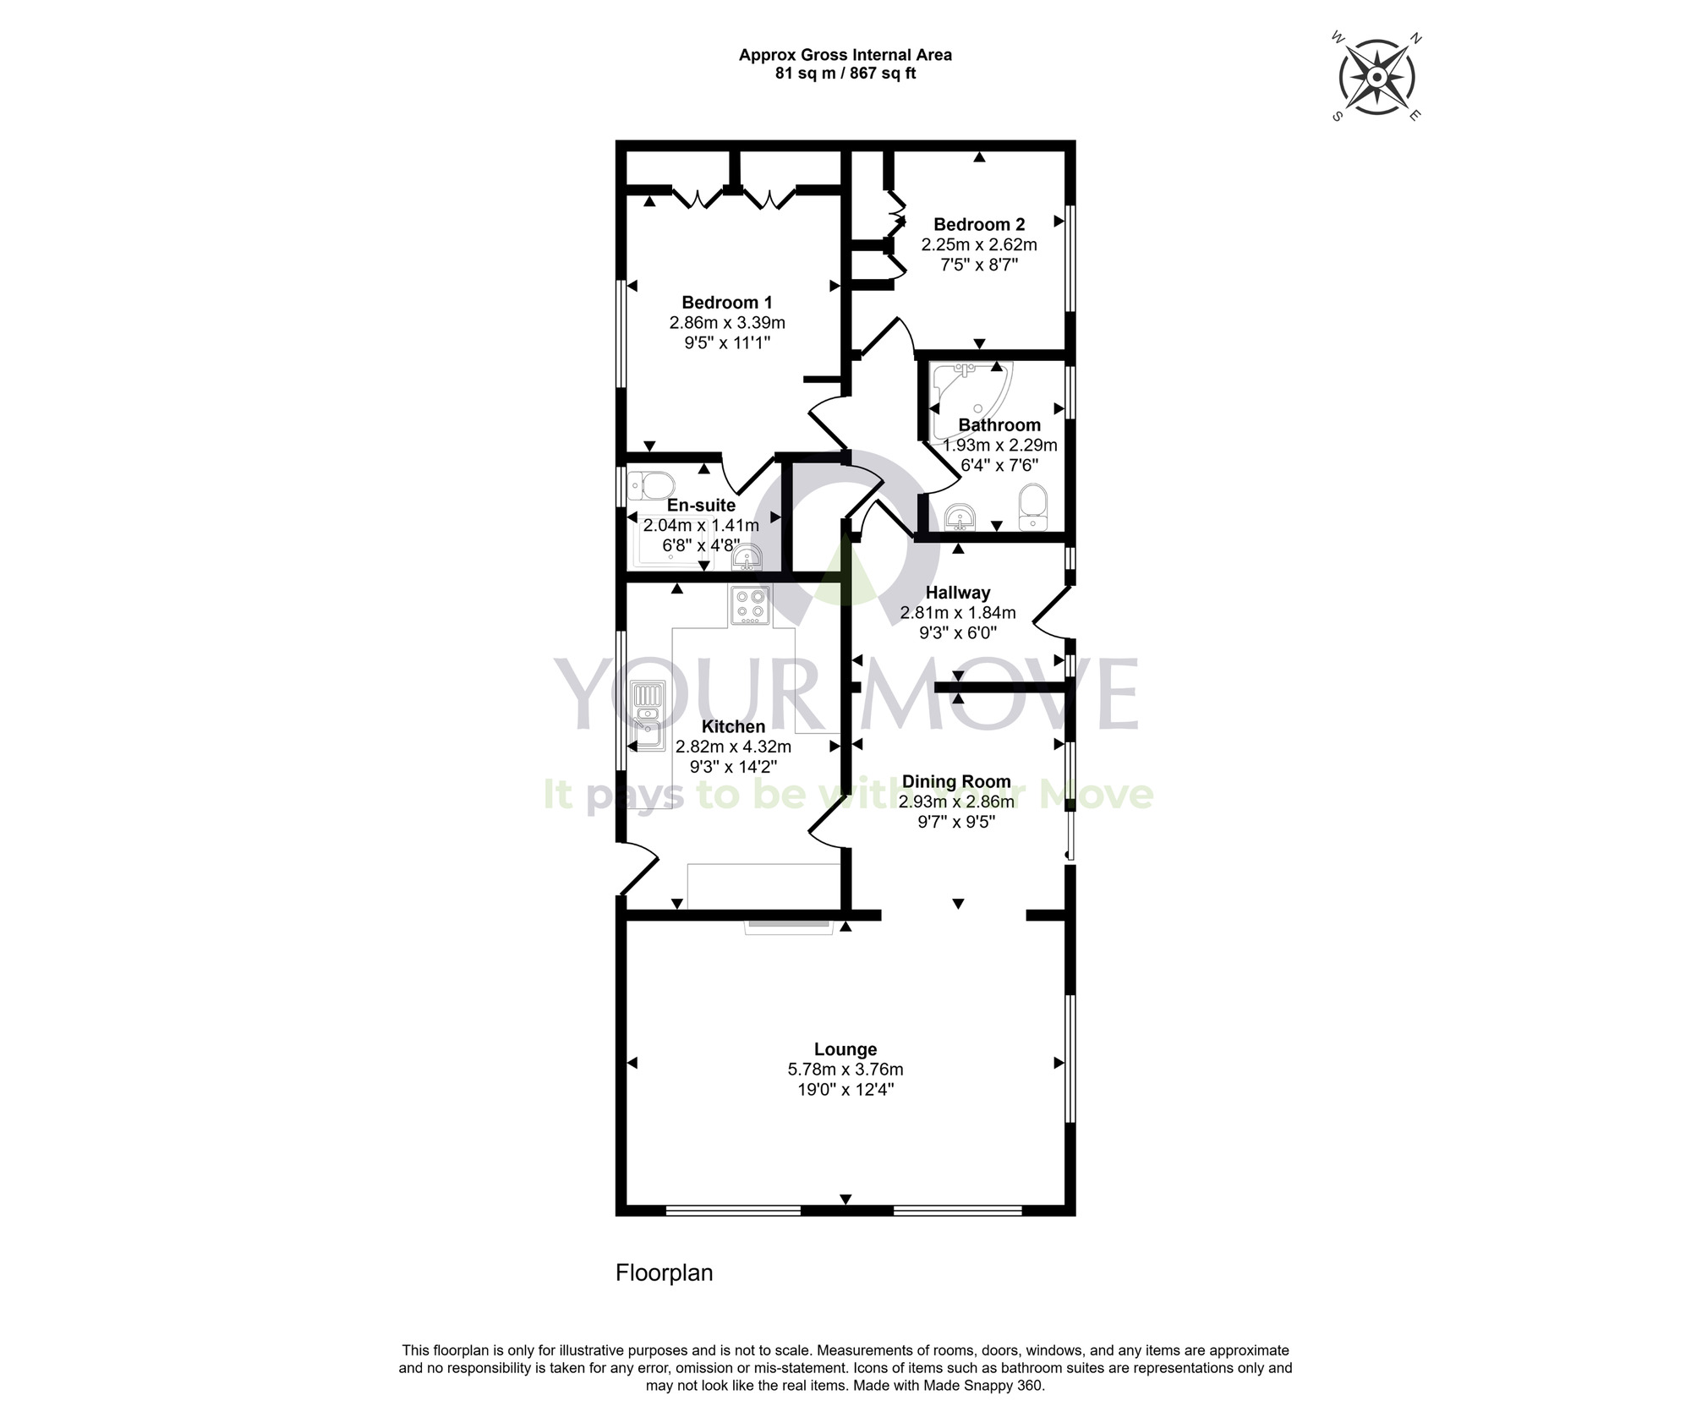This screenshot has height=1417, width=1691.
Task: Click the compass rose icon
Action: tap(1376, 78)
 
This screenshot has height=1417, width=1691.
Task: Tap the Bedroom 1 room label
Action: tap(727, 302)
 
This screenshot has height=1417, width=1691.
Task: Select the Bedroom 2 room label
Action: tap(979, 224)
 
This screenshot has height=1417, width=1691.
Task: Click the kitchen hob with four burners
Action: tap(750, 605)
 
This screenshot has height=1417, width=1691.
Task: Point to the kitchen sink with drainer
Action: tap(648, 717)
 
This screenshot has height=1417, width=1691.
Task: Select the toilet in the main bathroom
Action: tap(1032, 506)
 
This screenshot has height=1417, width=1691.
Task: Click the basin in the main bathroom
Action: tap(960, 516)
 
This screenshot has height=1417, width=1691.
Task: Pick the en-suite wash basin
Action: tap(747, 558)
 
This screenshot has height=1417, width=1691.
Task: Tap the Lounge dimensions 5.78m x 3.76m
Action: tap(845, 1070)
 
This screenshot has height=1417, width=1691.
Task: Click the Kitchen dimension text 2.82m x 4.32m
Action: tap(733, 747)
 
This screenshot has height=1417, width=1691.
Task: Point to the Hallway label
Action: tap(957, 593)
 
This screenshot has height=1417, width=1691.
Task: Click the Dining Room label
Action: tap(956, 781)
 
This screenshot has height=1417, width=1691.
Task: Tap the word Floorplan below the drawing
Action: tap(664, 1272)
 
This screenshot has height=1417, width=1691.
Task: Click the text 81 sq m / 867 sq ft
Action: tap(845, 74)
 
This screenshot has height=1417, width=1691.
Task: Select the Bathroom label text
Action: tap(999, 424)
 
